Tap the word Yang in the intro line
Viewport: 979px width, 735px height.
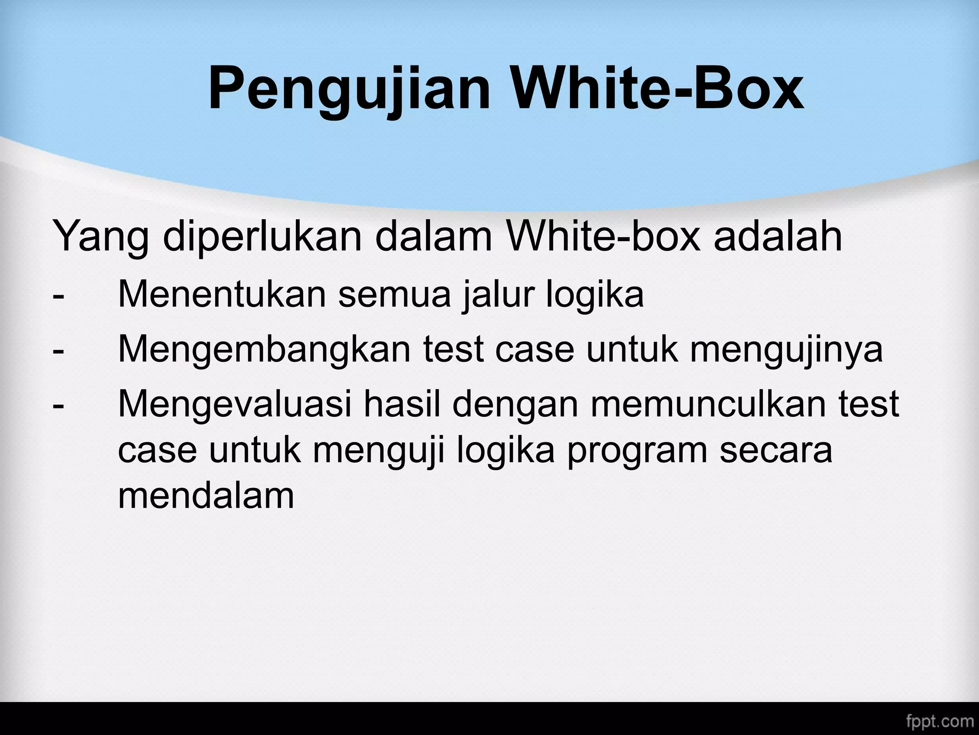pyautogui.click(x=100, y=237)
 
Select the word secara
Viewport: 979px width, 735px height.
pyautogui.click(x=776, y=451)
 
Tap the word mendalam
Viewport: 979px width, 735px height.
pyautogui.click(x=206, y=496)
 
